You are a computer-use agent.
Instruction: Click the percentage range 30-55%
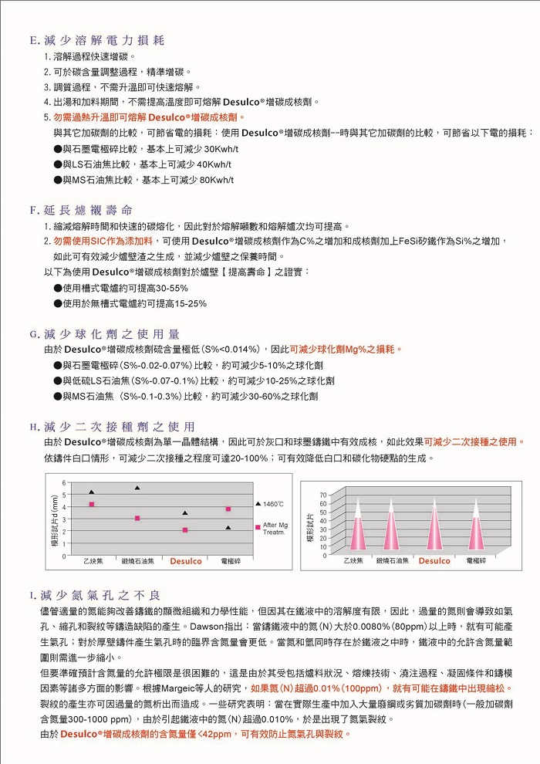tap(171, 288)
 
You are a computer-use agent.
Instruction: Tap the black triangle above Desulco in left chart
tap(184, 513)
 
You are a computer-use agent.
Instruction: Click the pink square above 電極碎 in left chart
tap(228, 509)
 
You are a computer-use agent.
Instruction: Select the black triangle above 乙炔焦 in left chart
tap(92, 492)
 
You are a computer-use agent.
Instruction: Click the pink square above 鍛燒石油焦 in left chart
tap(137, 518)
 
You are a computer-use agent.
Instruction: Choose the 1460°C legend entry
tap(271, 503)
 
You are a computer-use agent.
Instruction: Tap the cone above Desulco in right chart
tap(434, 525)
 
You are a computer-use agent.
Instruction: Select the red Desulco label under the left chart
tap(186, 561)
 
